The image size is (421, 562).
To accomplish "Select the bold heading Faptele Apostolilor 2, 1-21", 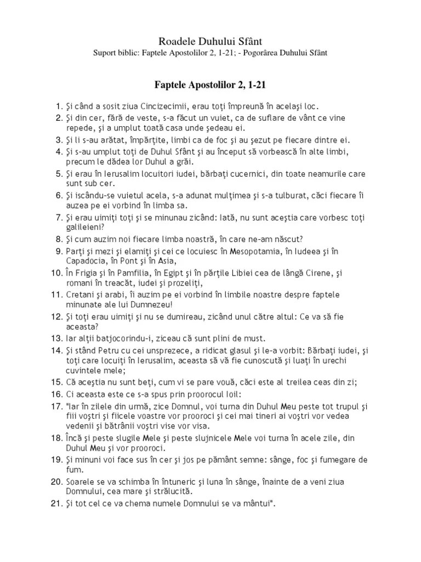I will click(210, 86).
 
